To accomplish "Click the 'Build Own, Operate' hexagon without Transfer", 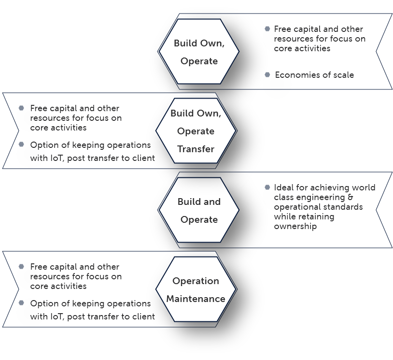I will [199, 52].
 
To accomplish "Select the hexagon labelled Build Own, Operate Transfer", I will [196, 131].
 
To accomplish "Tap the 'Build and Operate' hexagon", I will [199, 210].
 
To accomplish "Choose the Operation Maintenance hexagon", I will [196, 289].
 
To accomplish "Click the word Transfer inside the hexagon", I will [196, 149].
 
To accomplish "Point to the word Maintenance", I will [196, 299].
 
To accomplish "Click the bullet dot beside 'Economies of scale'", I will [267, 74].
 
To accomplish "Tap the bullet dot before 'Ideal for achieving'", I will [267, 187].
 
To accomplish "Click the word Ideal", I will [283, 187].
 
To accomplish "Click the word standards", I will [343, 207].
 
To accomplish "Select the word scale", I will [343, 75].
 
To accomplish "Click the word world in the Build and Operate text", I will [364, 187].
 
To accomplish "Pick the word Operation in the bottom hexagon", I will [196, 281].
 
